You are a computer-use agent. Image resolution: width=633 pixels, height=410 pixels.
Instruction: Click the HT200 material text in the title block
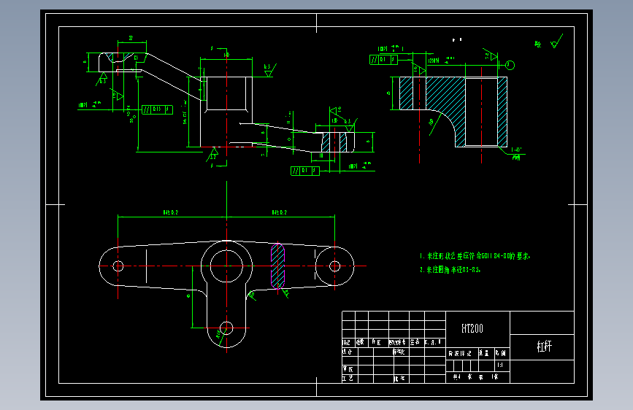[x=472, y=329]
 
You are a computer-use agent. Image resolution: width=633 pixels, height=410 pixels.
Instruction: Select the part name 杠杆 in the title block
[x=544, y=346]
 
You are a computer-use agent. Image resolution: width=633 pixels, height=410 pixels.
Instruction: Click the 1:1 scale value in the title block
[x=499, y=364]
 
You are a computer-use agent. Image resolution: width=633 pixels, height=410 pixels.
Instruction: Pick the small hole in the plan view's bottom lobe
[x=225, y=327]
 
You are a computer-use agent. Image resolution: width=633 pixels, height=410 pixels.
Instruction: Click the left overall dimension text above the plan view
[x=172, y=212]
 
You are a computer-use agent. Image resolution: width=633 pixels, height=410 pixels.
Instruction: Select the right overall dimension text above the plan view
[x=280, y=212]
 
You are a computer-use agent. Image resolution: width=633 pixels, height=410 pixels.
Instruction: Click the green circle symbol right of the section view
[x=510, y=65]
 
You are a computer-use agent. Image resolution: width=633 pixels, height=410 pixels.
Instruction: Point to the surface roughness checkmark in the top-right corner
[x=557, y=41]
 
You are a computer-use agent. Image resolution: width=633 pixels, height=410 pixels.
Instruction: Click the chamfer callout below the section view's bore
[x=516, y=152]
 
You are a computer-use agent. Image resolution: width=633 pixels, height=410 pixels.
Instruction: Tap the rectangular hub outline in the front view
[x=228, y=93]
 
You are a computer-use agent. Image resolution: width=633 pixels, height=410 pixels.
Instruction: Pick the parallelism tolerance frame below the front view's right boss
[x=304, y=171]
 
